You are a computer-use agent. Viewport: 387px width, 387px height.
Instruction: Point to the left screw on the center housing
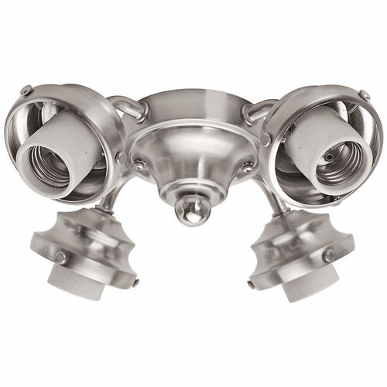pyautogui.click(x=140, y=164)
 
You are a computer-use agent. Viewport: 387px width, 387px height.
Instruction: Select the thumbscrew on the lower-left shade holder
pyautogui.click(x=60, y=256)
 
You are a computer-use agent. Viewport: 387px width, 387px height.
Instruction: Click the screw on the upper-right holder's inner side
pyautogui.click(x=265, y=140)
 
